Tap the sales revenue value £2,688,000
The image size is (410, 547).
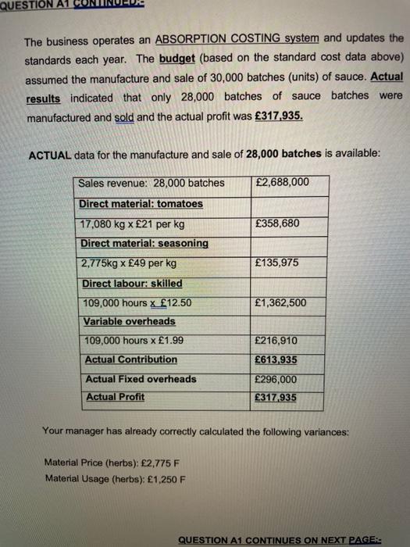point(282,183)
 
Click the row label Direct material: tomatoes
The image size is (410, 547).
point(141,204)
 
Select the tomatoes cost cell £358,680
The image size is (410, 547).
point(277,223)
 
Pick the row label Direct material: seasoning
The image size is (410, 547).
point(144,243)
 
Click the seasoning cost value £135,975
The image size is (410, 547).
point(277,263)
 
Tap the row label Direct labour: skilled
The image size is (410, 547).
point(132,283)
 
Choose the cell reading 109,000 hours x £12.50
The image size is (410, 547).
point(137,302)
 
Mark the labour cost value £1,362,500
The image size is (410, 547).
point(281,302)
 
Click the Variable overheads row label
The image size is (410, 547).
point(130,321)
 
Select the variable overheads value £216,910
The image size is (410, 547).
point(277,341)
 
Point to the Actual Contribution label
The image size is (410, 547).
point(130,359)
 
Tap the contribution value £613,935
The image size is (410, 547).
point(277,359)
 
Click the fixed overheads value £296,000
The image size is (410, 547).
point(277,379)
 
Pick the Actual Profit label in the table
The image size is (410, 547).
point(115,397)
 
